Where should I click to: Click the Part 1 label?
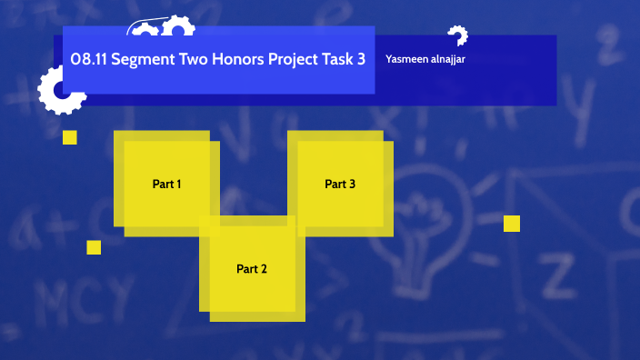click(166, 185)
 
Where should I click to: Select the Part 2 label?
click(252, 269)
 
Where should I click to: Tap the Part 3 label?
click(340, 185)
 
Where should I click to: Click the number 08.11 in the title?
click(88, 59)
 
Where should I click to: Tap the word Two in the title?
click(196, 59)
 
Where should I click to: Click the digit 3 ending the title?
click(362, 59)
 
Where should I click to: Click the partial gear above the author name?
click(457, 35)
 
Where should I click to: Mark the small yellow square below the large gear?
click(70, 137)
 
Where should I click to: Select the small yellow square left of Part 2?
click(94, 247)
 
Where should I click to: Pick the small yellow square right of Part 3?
click(512, 224)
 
